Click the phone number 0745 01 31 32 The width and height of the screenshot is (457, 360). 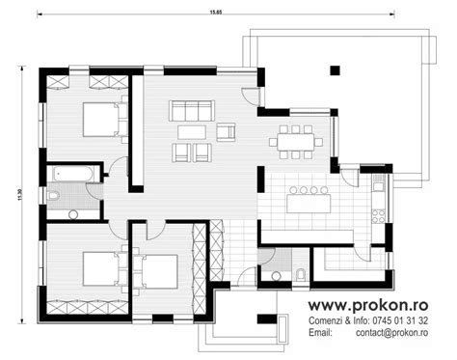coord(402,320)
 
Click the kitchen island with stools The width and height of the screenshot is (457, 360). coord(309,201)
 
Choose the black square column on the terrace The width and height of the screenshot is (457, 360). coord(336,69)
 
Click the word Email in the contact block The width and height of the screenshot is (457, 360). coord(320,334)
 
